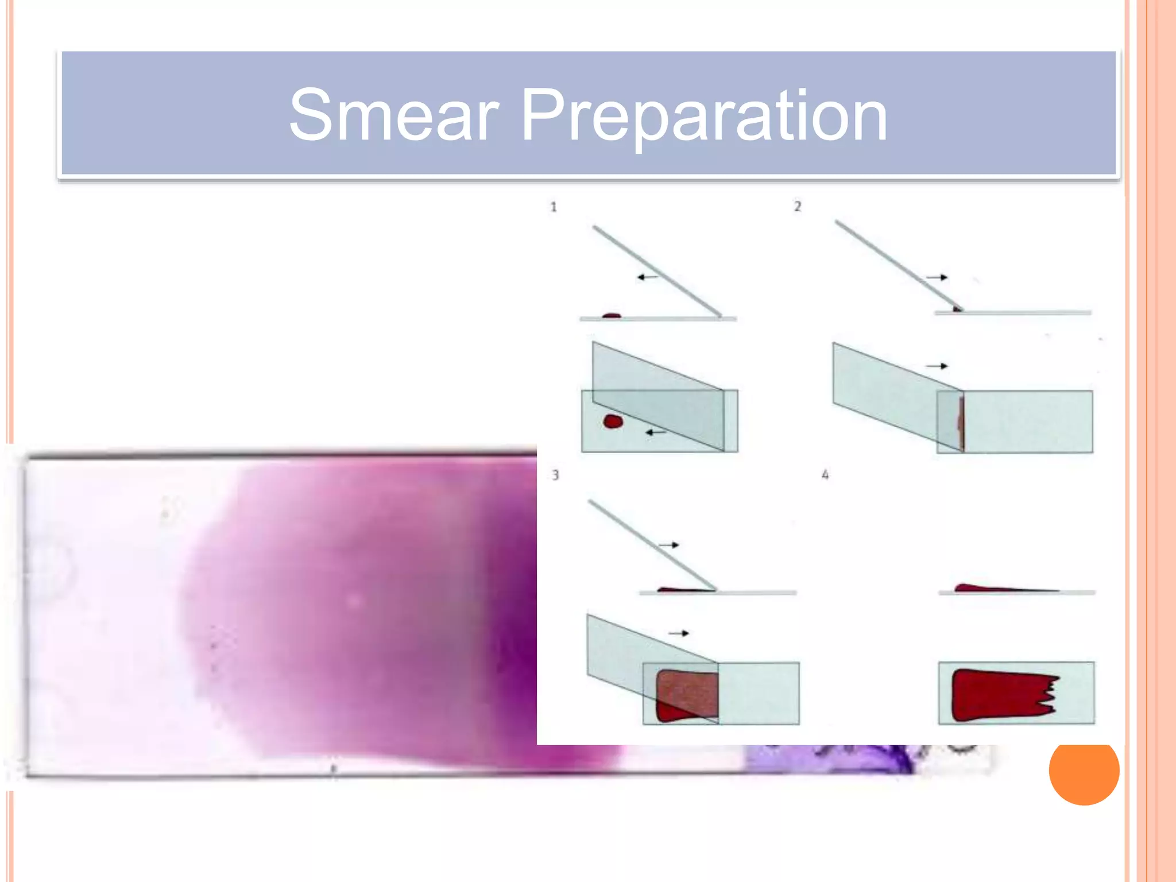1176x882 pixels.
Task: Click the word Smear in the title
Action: tap(393, 115)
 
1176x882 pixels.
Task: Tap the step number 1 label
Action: tap(554, 207)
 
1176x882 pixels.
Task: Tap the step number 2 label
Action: tap(798, 207)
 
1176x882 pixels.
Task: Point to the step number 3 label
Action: tap(555, 475)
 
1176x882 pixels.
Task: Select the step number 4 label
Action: tap(825, 475)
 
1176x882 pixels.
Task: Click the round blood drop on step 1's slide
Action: tap(613, 422)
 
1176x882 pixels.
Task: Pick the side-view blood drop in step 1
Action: tap(612, 315)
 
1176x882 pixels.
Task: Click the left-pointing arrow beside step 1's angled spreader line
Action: tap(648, 277)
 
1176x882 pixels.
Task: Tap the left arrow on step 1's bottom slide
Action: tap(656, 432)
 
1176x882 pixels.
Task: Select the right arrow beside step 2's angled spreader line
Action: tap(937, 277)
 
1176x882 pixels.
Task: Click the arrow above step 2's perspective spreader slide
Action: tap(937, 366)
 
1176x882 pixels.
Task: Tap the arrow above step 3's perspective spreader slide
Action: tap(678, 633)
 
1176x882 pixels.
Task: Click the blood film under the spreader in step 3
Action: tap(686, 695)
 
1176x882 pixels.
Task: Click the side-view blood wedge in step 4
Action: tap(988, 588)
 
